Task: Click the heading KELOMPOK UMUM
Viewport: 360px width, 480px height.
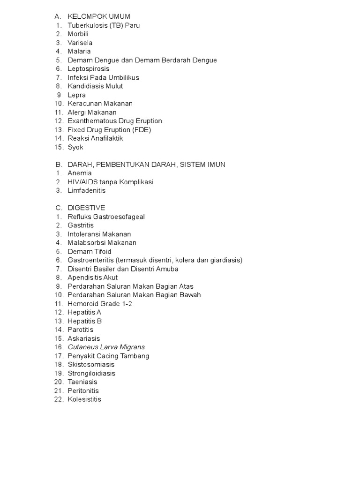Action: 99,17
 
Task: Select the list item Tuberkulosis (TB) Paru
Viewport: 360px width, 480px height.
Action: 104,25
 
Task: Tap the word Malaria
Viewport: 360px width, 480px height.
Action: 79,51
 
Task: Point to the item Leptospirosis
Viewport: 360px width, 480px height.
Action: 89,68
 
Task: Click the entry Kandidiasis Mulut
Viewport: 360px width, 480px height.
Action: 95,86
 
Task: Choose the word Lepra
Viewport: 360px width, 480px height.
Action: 77,95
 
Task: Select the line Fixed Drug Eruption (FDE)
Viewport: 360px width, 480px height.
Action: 109,129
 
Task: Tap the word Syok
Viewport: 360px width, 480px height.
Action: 75,147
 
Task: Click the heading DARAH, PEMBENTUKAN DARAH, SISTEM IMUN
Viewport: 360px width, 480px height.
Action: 146,165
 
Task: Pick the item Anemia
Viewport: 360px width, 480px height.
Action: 80,173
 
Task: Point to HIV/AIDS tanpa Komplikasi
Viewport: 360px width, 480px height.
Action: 110,182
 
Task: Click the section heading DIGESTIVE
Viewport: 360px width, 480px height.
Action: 86,208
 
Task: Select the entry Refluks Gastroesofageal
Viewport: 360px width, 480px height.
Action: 106,217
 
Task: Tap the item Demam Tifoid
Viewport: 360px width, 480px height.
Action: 90,251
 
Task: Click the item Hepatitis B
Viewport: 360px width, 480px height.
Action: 84,321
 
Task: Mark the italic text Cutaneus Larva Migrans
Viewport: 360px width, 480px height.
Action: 106,347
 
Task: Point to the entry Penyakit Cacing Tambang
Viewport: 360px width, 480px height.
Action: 108,356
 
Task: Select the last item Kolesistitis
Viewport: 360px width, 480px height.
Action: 84,399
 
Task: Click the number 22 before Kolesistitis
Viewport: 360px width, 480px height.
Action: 58,399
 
